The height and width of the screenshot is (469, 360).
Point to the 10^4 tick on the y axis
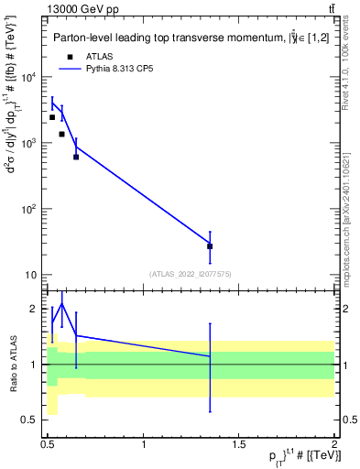(x=30, y=77)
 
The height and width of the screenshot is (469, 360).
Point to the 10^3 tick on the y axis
(x=30, y=143)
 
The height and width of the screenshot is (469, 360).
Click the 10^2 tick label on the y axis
(x=30, y=209)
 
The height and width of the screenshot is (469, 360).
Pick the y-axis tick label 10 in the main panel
(x=32, y=275)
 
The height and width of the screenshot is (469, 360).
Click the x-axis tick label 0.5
(x=48, y=444)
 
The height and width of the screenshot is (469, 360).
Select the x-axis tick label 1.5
(x=239, y=444)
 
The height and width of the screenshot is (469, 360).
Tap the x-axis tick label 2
(x=334, y=444)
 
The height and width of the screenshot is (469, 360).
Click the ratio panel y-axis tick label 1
(x=35, y=365)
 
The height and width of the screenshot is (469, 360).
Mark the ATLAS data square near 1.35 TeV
(x=210, y=246)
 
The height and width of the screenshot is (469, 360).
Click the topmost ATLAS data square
(x=52, y=117)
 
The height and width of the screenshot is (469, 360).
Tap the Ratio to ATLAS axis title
(x=12, y=365)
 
